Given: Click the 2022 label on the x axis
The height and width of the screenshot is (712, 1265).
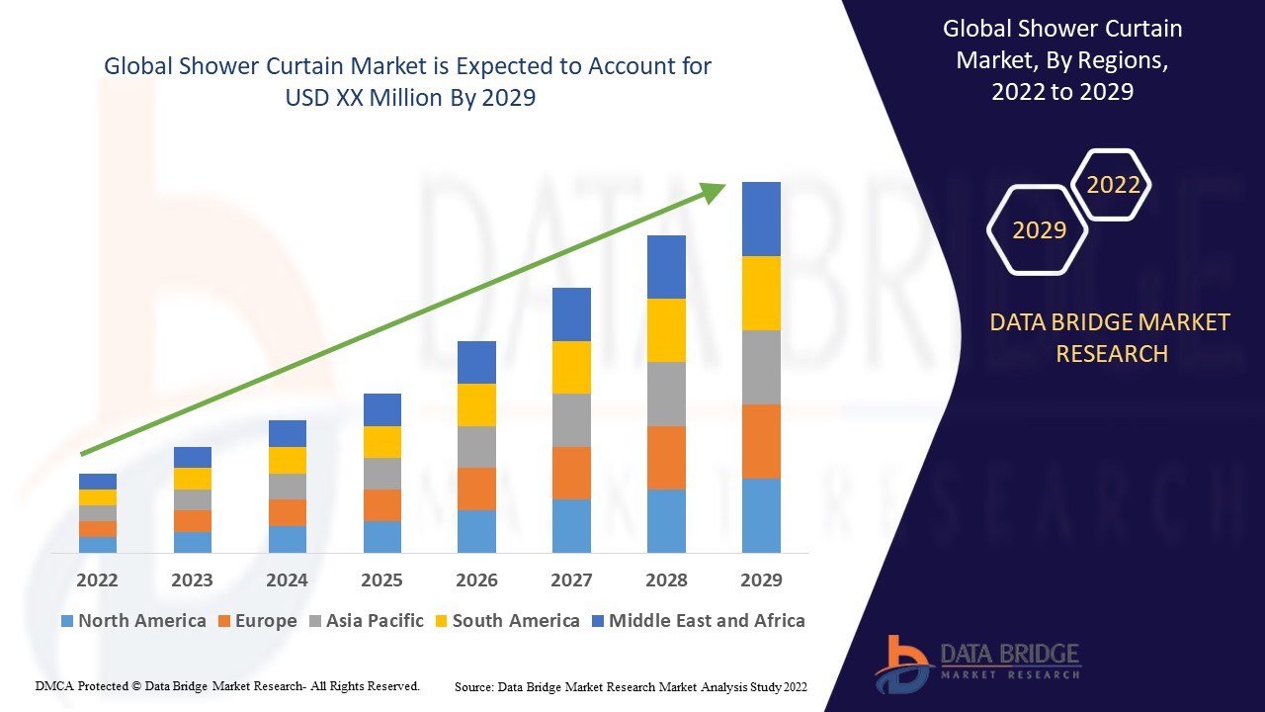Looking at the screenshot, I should (x=97, y=579).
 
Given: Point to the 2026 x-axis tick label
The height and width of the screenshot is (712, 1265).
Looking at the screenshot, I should (x=476, y=579).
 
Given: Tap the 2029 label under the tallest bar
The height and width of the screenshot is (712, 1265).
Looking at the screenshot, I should (x=761, y=579).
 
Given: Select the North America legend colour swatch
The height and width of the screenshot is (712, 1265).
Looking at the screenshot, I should (x=67, y=621).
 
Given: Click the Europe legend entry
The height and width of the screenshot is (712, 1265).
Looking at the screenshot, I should (x=257, y=621).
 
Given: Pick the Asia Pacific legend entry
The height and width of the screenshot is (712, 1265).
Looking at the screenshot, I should (x=367, y=621).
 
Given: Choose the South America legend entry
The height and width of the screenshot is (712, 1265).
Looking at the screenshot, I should (x=507, y=621).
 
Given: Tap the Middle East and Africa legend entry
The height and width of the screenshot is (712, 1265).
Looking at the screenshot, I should (x=698, y=621).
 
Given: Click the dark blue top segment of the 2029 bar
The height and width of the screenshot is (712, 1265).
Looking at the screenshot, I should (x=761, y=219).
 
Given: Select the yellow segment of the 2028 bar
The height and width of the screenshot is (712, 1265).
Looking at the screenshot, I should (x=666, y=330).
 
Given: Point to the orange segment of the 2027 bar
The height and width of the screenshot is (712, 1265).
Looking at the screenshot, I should (x=571, y=473).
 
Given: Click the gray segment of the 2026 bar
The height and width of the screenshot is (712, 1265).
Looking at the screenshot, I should (x=476, y=447).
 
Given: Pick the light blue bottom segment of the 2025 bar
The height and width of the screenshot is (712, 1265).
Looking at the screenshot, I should (x=382, y=536).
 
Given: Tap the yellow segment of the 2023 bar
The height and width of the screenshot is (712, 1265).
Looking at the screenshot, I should (x=193, y=479).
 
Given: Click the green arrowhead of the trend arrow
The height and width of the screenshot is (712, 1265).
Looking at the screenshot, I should (x=714, y=191).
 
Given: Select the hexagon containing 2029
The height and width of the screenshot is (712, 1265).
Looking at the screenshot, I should (x=1038, y=230).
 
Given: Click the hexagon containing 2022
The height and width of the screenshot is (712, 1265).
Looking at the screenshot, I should (x=1113, y=185).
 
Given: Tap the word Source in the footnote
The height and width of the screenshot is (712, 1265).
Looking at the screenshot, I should (x=473, y=686).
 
